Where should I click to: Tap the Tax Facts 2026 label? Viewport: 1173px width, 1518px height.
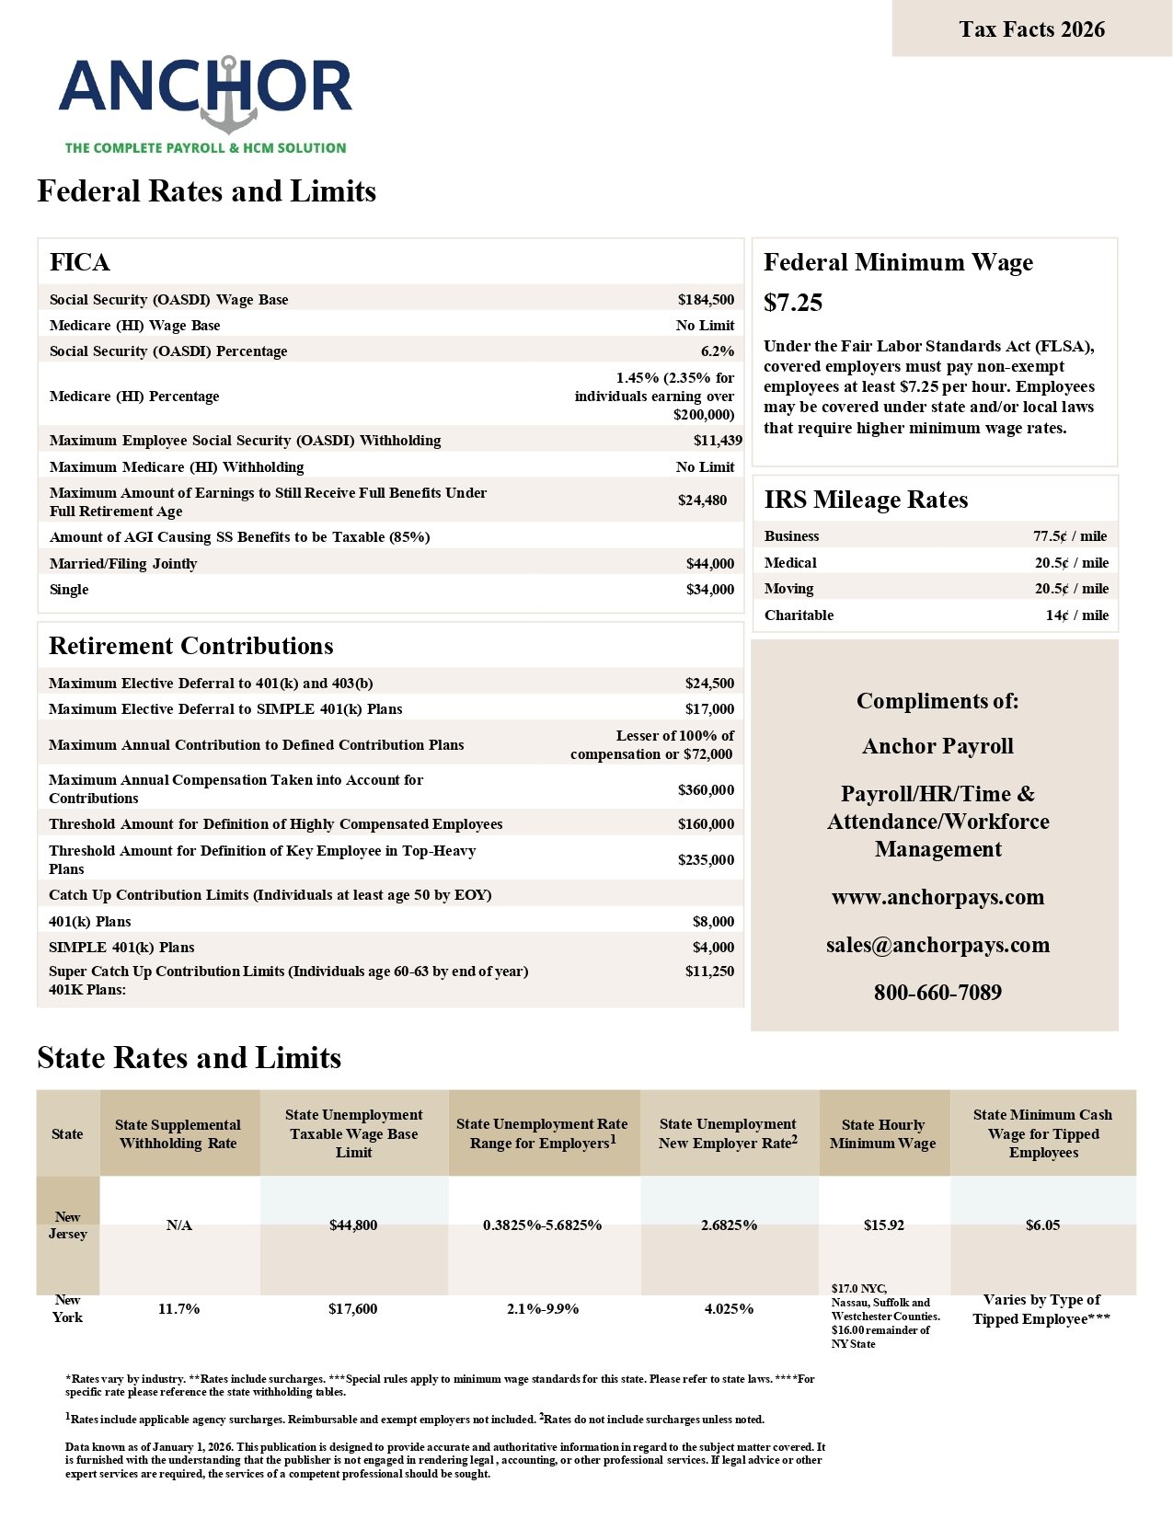[1031, 29]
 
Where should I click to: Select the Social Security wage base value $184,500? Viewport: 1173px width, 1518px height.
[706, 300]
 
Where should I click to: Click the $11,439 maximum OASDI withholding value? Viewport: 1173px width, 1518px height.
[718, 441]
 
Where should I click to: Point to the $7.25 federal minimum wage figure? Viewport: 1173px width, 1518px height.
[793, 303]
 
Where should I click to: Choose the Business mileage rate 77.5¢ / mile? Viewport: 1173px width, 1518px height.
[1070, 536]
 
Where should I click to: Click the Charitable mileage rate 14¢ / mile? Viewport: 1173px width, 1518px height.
[1076, 615]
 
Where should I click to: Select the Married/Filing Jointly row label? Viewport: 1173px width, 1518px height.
[123, 564]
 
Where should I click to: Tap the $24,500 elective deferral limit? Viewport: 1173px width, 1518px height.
[709, 684]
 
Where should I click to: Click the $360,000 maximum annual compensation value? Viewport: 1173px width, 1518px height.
[706, 790]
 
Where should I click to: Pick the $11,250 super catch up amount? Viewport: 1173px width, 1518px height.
[709, 972]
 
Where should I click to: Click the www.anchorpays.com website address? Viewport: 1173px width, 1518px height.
[937, 897]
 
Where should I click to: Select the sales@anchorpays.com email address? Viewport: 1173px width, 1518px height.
[937, 945]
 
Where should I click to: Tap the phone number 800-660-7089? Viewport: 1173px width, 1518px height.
[937, 993]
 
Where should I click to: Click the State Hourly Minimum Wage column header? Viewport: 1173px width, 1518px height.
[883, 1134]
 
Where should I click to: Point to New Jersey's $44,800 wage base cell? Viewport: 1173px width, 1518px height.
[353, 1225]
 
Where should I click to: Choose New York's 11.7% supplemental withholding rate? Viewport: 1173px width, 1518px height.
[178, 1309]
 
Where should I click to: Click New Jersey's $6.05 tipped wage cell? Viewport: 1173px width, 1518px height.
[1042, 1225]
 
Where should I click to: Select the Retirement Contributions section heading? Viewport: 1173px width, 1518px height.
[191, 646]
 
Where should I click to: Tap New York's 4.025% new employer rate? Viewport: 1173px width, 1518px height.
[729, 1309]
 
